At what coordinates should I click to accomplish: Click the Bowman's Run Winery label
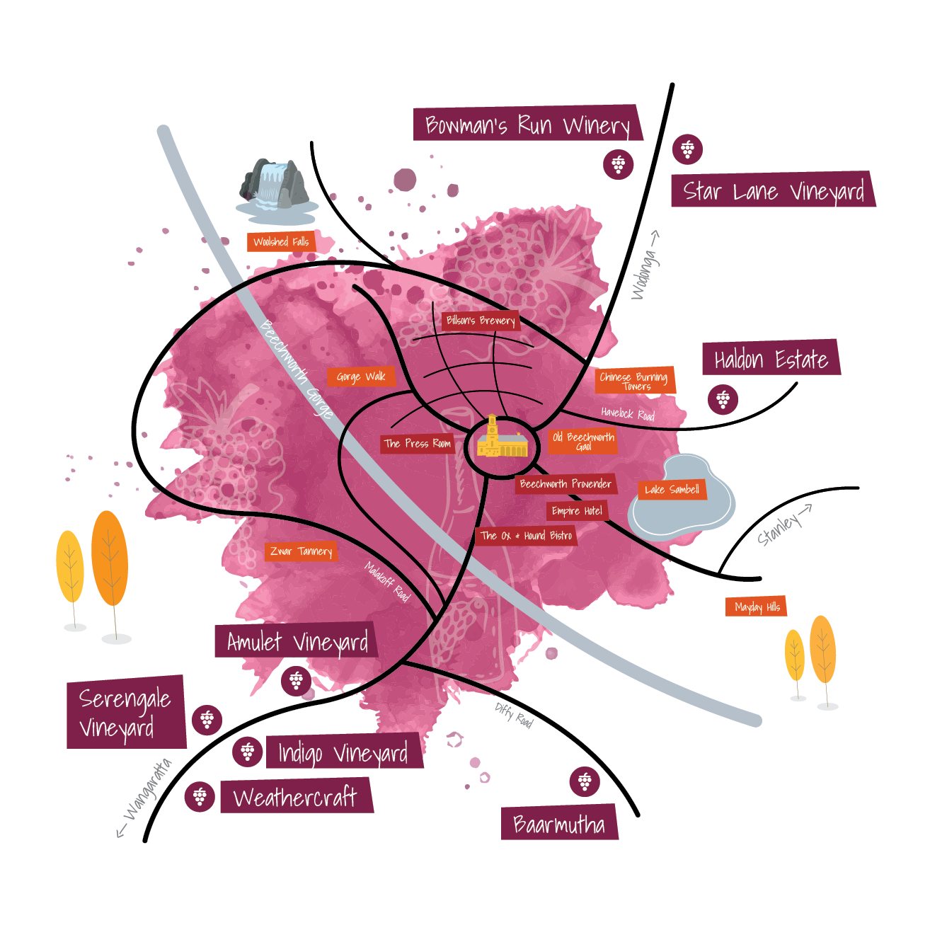tap(528, 123)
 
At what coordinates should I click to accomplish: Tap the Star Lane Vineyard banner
tap(773, 189)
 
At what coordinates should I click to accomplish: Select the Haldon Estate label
tap(771, 357)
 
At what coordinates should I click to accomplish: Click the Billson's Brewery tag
tap(481, 321)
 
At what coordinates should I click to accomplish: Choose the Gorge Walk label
tap(361, 377)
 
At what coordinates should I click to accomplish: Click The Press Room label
tap(418, 444)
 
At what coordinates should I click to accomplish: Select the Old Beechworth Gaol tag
tap(583, 441)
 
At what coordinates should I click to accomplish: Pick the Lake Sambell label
tap(672, 489)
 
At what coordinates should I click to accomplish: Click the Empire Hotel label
tap(578, 511)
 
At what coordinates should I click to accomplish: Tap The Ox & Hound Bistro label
tap(526, 536)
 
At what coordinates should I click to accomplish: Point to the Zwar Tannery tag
tap(301, 551)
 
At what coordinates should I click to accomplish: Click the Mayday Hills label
tap(757, 607)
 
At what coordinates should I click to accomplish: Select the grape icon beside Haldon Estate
tap(723, 399)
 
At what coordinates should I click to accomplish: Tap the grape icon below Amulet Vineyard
tap(297, 680)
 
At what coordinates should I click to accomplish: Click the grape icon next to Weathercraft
tap(200, 796)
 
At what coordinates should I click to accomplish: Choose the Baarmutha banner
tap(559, 823)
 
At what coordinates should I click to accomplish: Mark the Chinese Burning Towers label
tap(634, 380)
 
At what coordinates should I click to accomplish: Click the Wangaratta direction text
tap(148, 790)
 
